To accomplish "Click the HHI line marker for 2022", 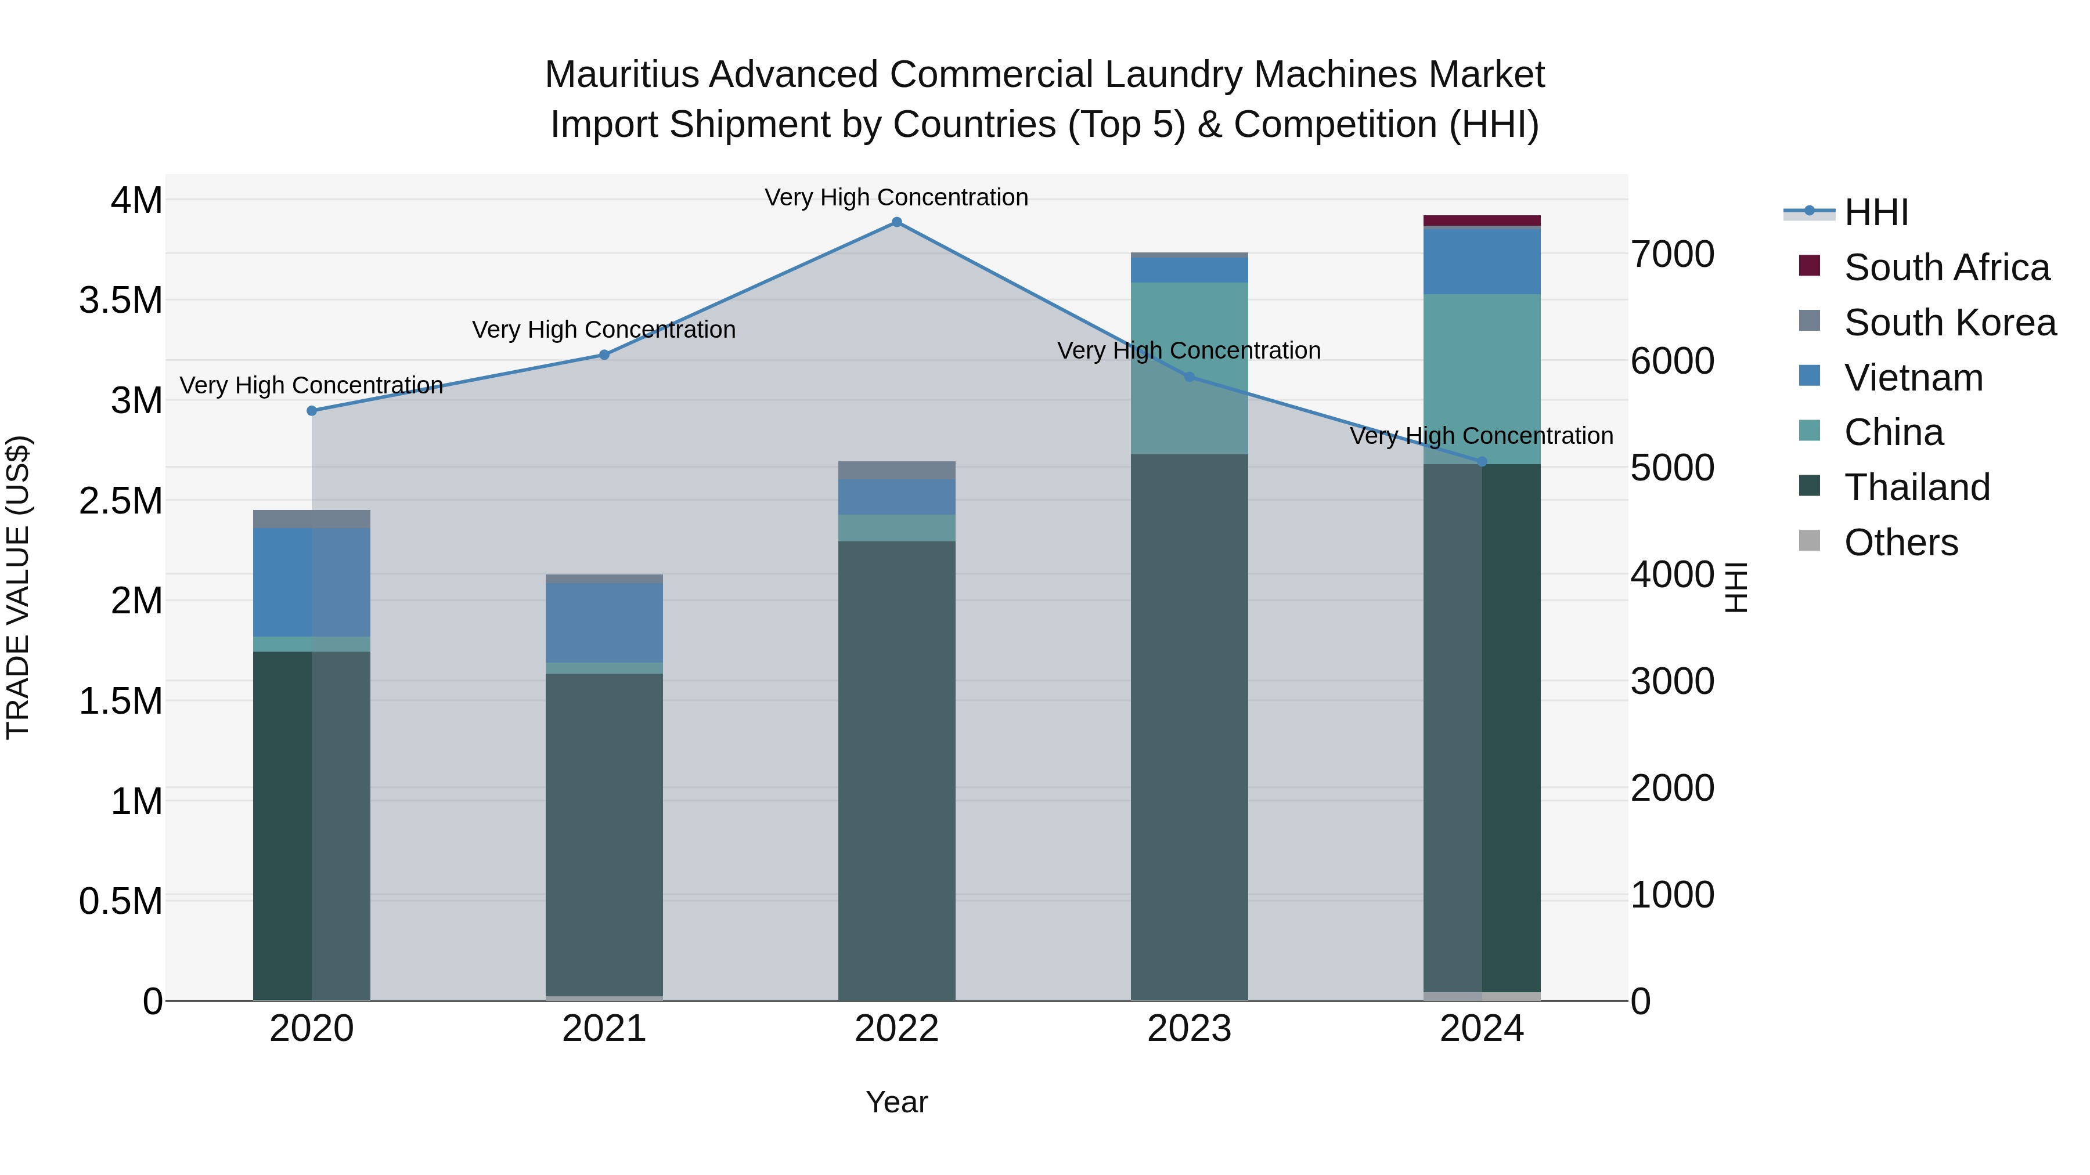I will point(896,222).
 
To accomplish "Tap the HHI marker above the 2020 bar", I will point(312,411).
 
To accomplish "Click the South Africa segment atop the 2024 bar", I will point(1482,220).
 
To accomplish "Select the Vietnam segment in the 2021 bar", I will point(604,623).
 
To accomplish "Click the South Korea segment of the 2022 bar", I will point(896,471).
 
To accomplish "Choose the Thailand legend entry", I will point(1917,487).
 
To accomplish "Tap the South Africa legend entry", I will point(1947,267).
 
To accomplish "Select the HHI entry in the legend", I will point(1876,212).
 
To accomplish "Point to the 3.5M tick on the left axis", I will point(121,301).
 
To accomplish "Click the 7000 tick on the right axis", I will point(1673,255).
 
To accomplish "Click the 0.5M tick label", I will point(121,902).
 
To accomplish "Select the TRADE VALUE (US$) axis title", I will point(18,587).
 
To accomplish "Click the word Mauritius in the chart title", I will point(621,75).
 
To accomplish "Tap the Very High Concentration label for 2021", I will point(604,330).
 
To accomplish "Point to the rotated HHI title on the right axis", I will point(1735,587).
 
